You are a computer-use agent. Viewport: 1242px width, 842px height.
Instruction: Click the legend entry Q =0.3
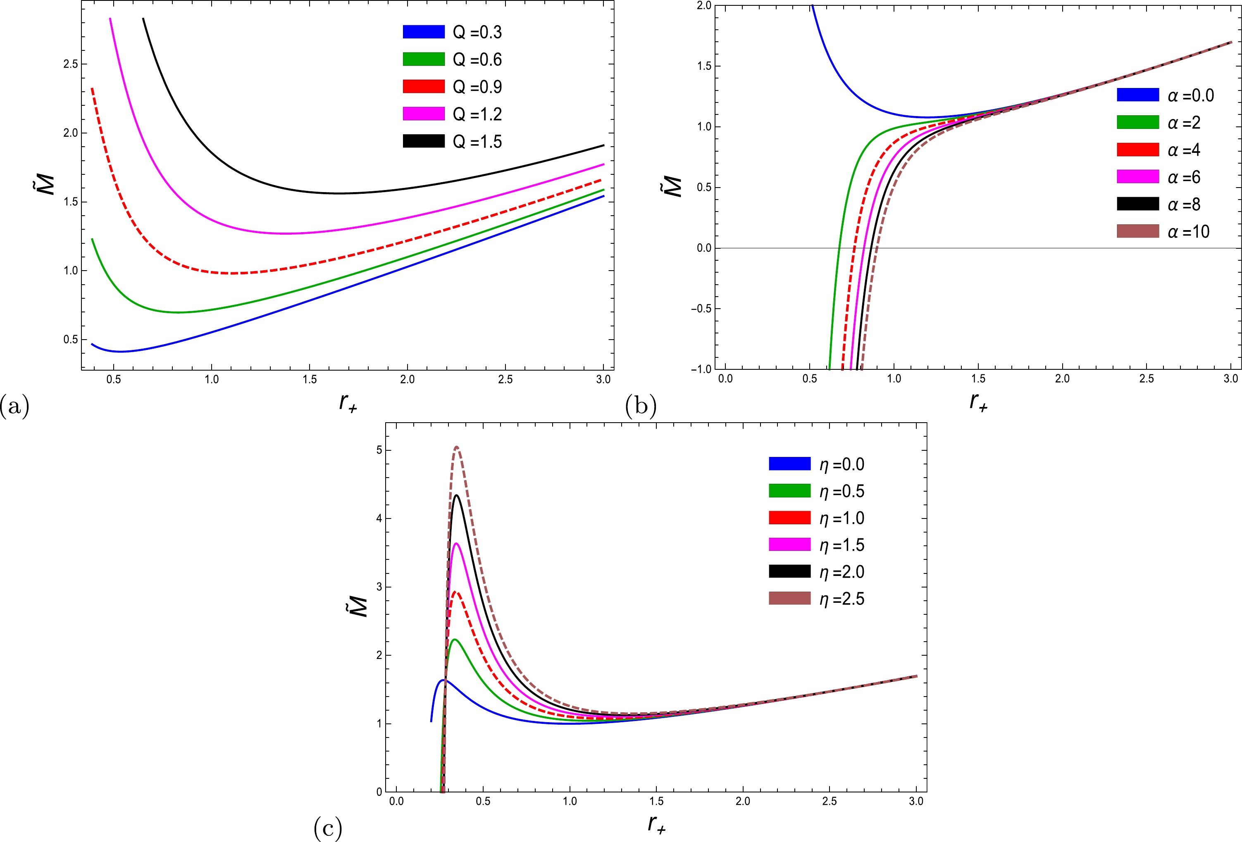452,32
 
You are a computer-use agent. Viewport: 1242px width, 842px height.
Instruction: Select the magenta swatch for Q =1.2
423,114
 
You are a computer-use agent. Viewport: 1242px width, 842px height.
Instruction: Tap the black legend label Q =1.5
477,142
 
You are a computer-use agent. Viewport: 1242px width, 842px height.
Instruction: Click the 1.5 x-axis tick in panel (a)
310,379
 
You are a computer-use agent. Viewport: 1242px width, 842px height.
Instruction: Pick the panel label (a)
14,406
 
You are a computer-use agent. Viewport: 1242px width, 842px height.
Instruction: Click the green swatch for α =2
1138,122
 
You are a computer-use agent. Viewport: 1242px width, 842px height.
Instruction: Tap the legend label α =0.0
1191,95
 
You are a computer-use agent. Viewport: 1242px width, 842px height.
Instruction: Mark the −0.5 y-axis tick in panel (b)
701,309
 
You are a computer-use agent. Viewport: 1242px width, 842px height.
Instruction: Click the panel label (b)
640,406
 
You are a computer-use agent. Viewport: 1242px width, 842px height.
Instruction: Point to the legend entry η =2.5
816,598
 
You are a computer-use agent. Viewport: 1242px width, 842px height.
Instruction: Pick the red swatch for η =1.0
789,518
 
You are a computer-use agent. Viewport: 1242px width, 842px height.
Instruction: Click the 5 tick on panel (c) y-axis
379,450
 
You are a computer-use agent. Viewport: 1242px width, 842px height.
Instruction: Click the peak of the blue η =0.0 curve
443,680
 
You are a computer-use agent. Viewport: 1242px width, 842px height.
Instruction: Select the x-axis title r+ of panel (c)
657,824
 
